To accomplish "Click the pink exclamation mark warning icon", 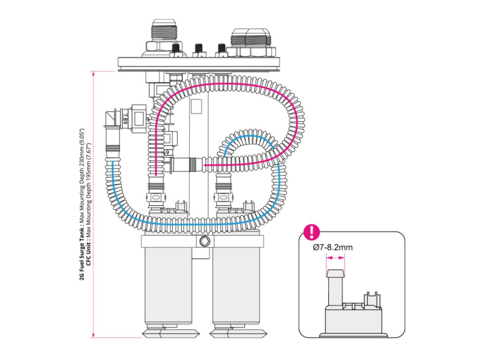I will [x=311, y=232].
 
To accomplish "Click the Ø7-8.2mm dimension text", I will [x=333, y=247].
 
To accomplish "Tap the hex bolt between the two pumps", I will [x=203, y=242].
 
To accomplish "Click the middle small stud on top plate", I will [x=199, y=49].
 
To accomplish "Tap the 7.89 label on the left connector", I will [x=125, y=117].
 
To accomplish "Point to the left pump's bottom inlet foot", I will [x=169, y=333].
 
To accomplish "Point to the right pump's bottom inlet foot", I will [x=237, y=333].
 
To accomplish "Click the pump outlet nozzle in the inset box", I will [x=335, y=286].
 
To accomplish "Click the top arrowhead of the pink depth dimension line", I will [x=94, y=73].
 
